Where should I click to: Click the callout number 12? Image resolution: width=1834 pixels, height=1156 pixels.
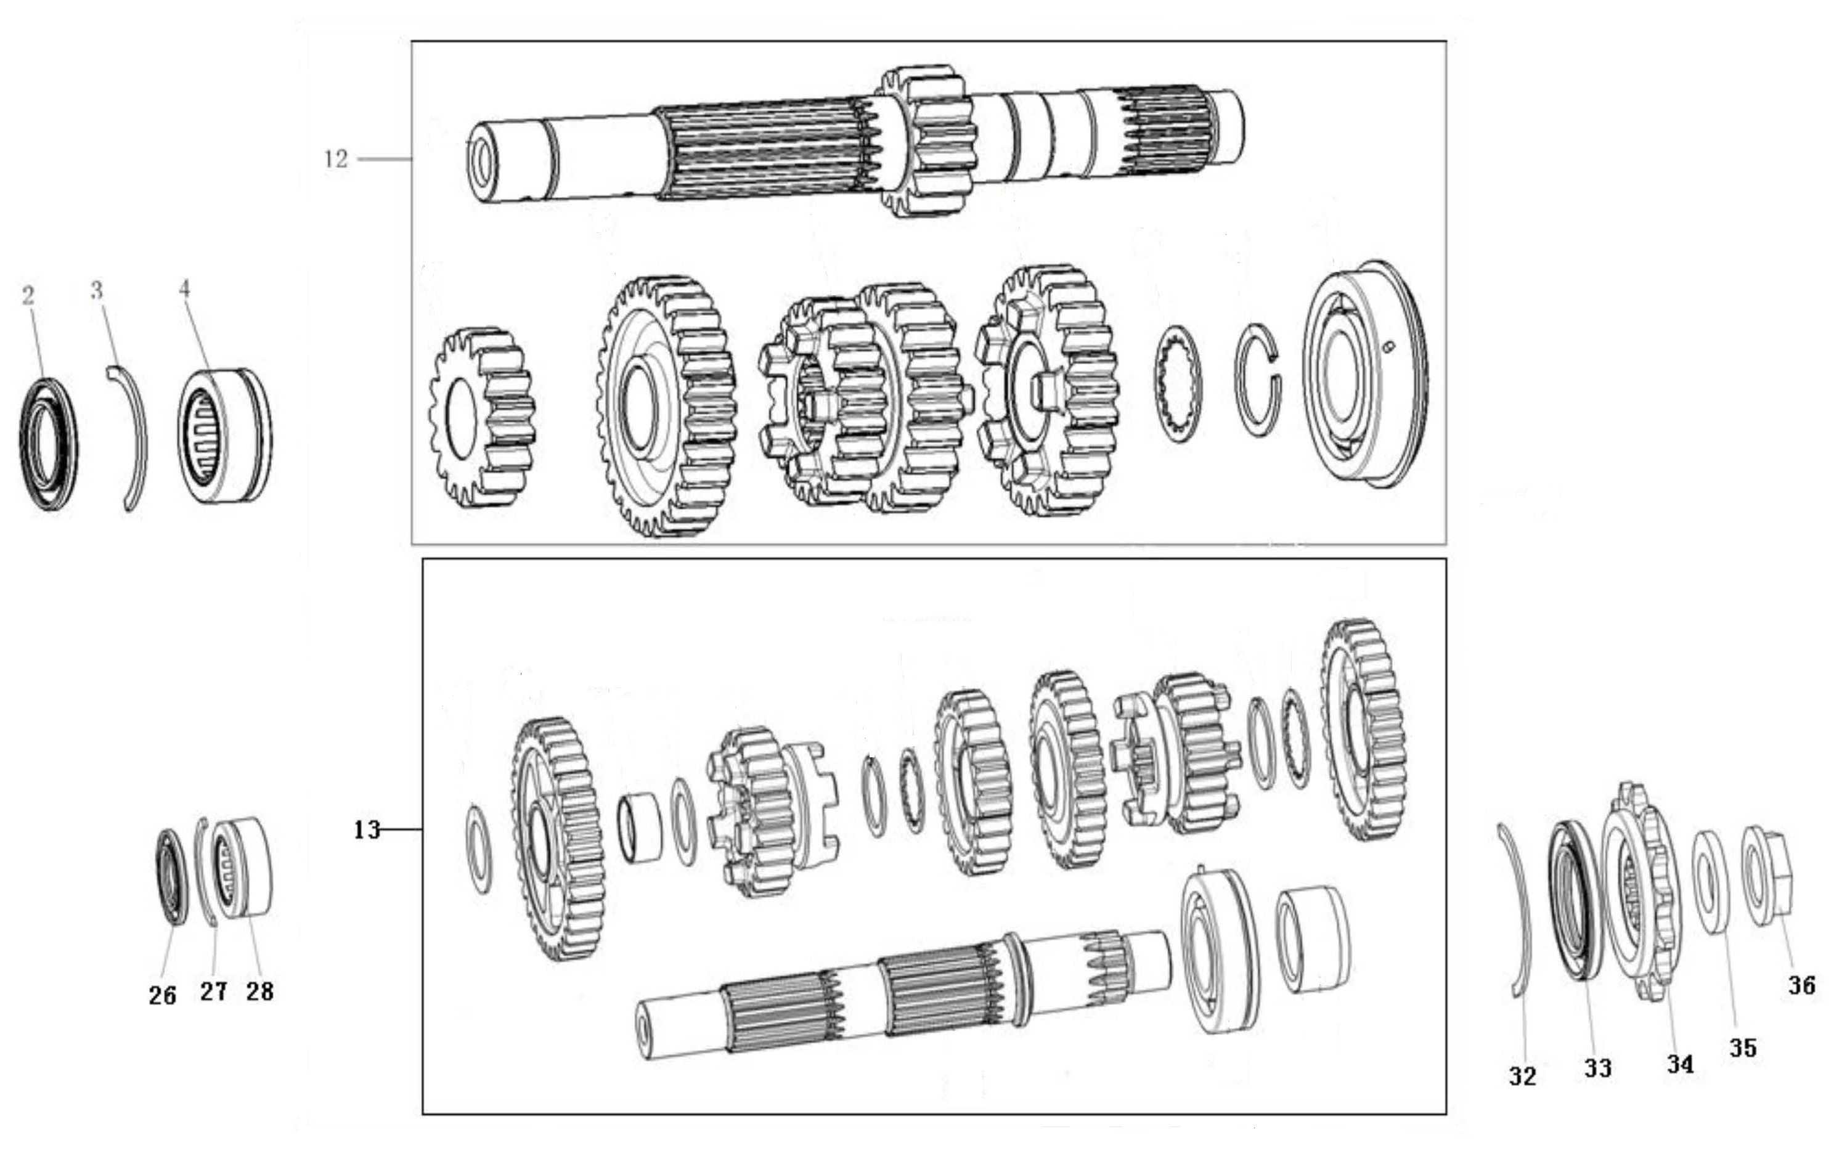click(x=336, y=159)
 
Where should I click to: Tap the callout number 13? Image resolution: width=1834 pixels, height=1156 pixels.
click(x=366, y=829)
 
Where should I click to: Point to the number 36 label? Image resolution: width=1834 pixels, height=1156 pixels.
click(x=1802, y=985)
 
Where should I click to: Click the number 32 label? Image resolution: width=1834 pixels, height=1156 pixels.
click(x=1523, y=1075)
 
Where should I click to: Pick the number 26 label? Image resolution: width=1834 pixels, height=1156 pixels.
click(x=162, y=995)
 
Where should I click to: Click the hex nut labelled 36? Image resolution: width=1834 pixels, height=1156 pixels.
click(x=1769, y=876)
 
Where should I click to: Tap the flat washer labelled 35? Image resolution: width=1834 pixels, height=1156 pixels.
click(x=1710, y=882)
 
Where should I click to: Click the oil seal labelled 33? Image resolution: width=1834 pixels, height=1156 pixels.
click(x=1575, y=900)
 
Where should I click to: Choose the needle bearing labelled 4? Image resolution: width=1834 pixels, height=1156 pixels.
click(x=226, y=435)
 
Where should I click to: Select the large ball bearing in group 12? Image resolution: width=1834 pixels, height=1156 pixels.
click(x=1365, y=375)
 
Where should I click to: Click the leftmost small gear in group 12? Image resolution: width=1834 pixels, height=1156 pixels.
click(x=481, y=417)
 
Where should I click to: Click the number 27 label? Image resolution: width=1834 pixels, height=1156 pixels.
click(x=214, y=991)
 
